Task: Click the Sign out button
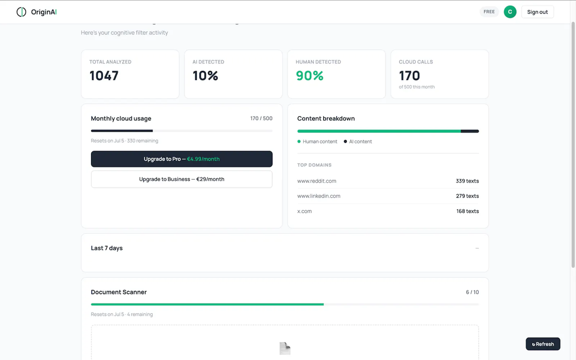537,12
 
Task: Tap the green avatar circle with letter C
510,12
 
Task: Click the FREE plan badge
489,12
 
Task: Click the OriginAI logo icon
21,12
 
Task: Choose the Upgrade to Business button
181,179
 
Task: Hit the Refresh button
543,344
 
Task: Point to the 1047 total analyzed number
104,76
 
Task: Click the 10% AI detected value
205,76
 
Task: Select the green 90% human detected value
310,76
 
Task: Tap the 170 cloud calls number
409,76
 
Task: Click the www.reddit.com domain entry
316,181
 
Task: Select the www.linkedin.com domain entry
319,196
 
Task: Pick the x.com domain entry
305,211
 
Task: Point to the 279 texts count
467,196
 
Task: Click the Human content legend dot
299,141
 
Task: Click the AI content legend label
360,141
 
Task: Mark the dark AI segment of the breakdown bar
470,131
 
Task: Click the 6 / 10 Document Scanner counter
472,292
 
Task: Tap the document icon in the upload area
285,348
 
